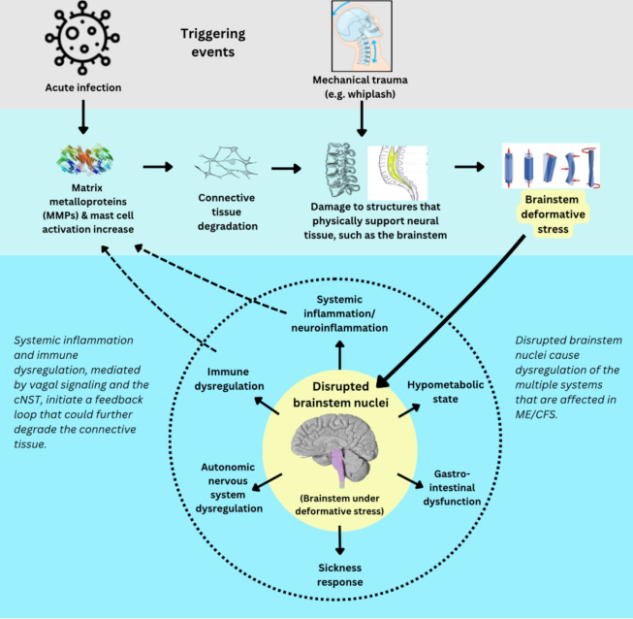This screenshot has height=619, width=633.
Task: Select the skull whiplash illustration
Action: pyautogui.click(x=362, y=36)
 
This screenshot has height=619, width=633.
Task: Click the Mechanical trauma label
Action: pyautogui.click(x=361, y=86)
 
